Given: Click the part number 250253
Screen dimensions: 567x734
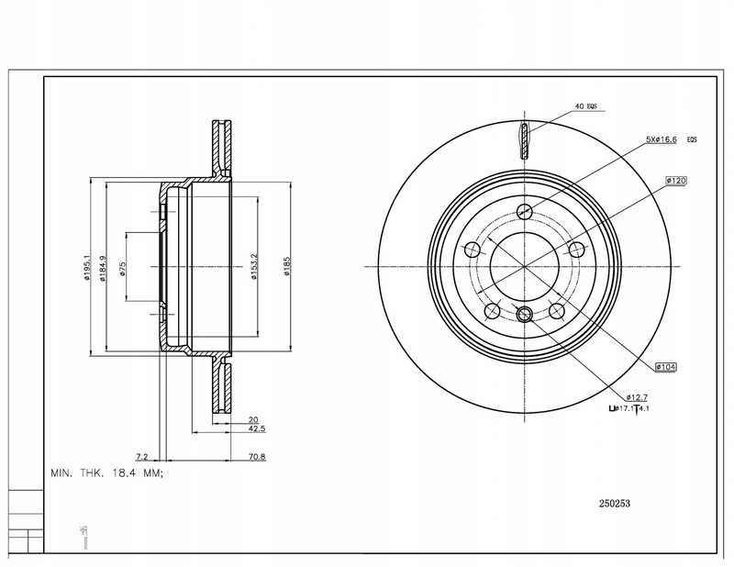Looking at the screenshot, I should coord(614,502).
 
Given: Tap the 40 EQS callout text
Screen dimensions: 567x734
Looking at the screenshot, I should coord(585,107).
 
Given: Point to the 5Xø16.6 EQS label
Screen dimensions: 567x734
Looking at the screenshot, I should coord(672,139).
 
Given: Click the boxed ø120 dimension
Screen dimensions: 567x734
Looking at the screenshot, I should coord(677,182).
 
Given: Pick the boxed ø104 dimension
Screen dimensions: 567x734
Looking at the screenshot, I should coord(666,366).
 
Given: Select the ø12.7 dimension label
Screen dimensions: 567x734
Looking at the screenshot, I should coord(627,395).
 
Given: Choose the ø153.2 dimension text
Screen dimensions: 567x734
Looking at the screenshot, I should coord(253,266).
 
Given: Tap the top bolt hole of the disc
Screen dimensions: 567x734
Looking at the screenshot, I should coord(525,212).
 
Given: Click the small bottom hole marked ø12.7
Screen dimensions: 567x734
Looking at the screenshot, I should coord(525,315).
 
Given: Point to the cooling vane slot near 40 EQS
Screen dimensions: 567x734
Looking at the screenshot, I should coord(525,139).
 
